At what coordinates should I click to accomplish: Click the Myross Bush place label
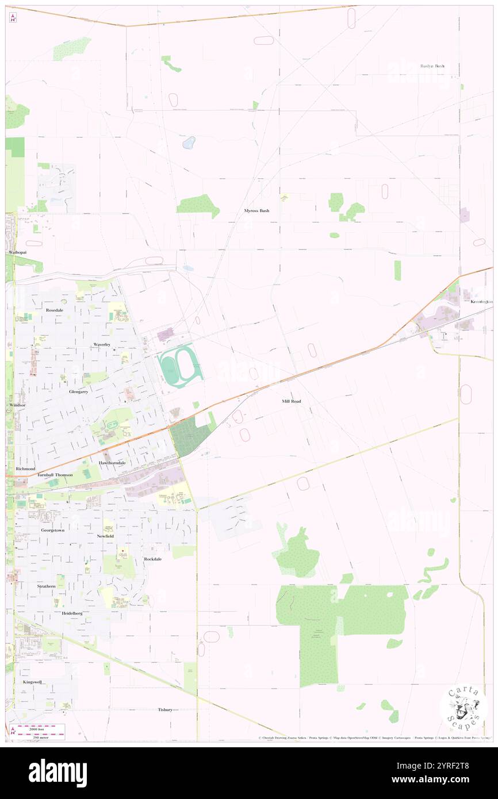point(256,211)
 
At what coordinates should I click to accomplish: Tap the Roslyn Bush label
point(432,66)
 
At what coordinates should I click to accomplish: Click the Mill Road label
point(292,401)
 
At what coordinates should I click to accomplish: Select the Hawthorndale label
point(112,463)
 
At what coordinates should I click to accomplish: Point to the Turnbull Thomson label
point(55,475)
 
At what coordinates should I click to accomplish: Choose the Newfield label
point(105,536)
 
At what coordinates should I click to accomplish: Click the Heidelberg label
point(72,613)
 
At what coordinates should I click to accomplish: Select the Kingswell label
point(33,682)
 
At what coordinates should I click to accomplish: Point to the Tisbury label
point(165,710)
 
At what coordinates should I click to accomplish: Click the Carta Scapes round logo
point(463,707)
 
